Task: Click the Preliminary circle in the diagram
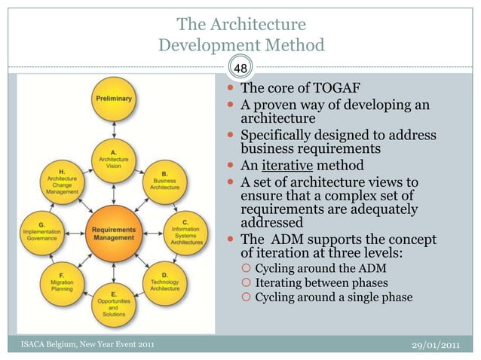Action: click(x=114, y=99)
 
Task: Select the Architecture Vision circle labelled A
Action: click(x=114, y=160)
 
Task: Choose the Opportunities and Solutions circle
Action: click(x=114, y=303)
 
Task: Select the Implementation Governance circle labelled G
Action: click(x=43, y=232)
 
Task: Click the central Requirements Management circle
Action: click(x=114, y=232)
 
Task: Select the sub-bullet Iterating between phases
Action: click(x=322, y=282)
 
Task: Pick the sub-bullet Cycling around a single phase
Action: click(x=334, y=297)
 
